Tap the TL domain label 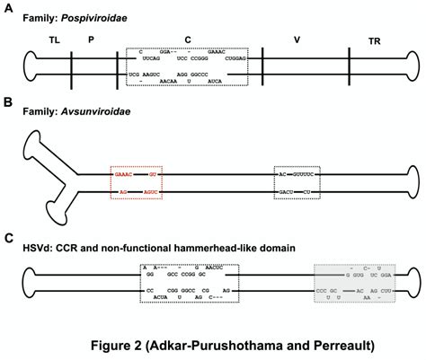[53, 41]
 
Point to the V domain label [296, 41]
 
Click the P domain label [93, 41]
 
